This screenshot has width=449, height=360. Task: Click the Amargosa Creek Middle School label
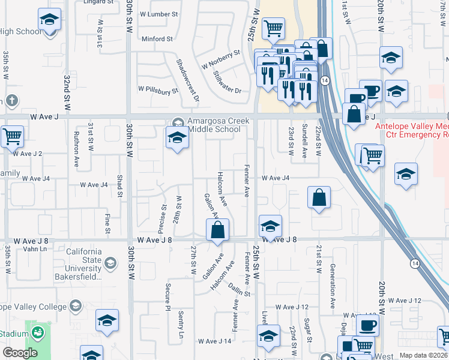pyautogui.click(x=214, y=125)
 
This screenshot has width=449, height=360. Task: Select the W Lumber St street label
pyautogui.click(x=158, y=13)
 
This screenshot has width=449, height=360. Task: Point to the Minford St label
pyautogui.click(x=157, y=39)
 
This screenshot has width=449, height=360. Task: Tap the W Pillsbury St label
pyautogui.click(x=158, y=90)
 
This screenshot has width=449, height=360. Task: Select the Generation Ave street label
pyautogui.click(x=332, y=283)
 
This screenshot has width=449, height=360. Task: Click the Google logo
pyautogui.click(x=20, y=353)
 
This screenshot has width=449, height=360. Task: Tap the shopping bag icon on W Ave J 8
pyautogui.click(x=217, y=229)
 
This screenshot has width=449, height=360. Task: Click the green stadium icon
pyautogui.click(x=38, y=332)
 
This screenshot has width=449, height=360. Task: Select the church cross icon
pyautogui.click(x=11, y=100)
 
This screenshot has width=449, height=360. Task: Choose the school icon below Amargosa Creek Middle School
pyautogui.click(x=177, y=139)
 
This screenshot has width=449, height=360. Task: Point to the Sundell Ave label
pyautogui.click(x=305, y=142)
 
